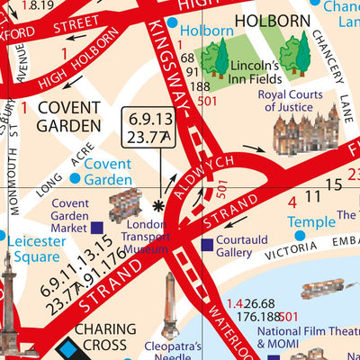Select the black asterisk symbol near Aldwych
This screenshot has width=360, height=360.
[160, 205]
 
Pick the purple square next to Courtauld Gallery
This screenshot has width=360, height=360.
[207, 244]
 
